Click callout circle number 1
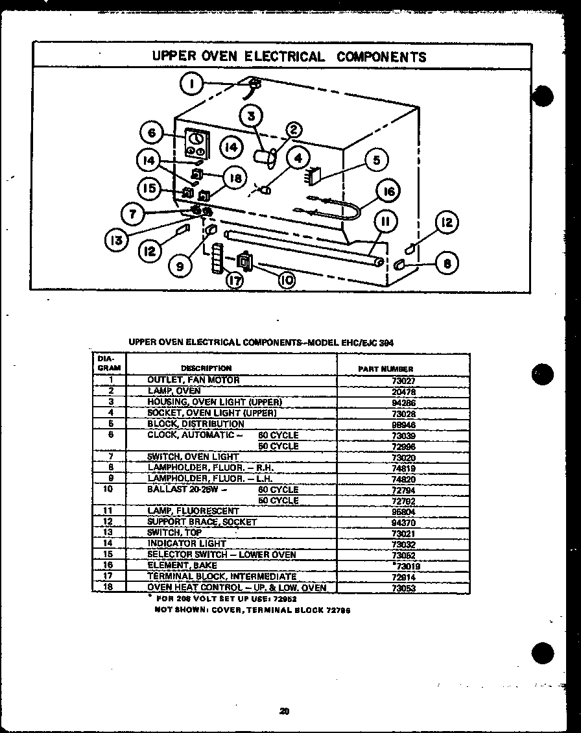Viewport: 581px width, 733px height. pyautogui.click(x=193, y=84)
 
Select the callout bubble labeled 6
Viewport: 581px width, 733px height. pyautogui.click(x=152, y=133)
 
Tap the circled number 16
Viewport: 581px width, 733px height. pyautogui.click(x=388, y=191)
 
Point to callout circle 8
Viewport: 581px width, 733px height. pyautogui.click(x=447, y=263)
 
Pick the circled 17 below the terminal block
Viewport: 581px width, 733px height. pyautogui.click(x=235, y=280)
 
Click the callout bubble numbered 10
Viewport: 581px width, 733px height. pyautogui.click(x=286, y=279)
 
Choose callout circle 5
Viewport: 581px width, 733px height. pyautogui.click(x=376, y=160)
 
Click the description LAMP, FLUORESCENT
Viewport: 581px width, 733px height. pyautogui.click(x=193, y=511)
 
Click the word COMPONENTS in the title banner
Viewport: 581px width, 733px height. pyautogui.click(x=381, y=56)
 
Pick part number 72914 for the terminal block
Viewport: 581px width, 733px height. pyautogui.click(x=403, y=577)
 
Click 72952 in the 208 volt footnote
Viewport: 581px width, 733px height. pyautogui.click(x=284, y=599)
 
